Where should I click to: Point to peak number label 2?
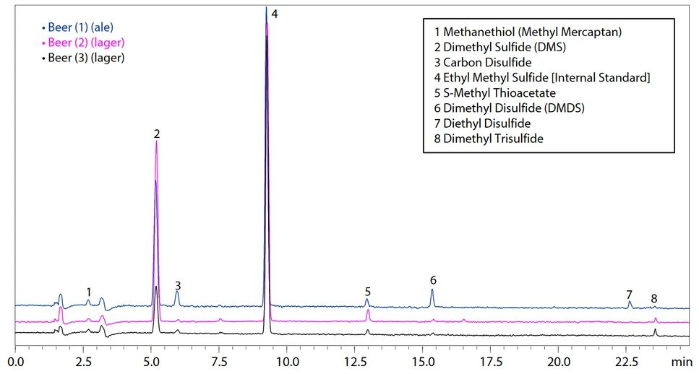(x=156, y=134)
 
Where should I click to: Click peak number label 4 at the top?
(x=275, y=14)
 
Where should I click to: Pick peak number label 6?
(x=433, y=280)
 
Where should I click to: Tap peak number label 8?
(x=654, y=298)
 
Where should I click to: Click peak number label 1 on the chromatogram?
(x=88, y=292)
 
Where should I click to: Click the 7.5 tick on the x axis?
(x=220, y=360)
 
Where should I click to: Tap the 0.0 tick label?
(x=16, y=360)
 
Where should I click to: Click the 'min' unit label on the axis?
(x=681, y=360)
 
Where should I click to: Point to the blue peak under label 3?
(x=177, y=297)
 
